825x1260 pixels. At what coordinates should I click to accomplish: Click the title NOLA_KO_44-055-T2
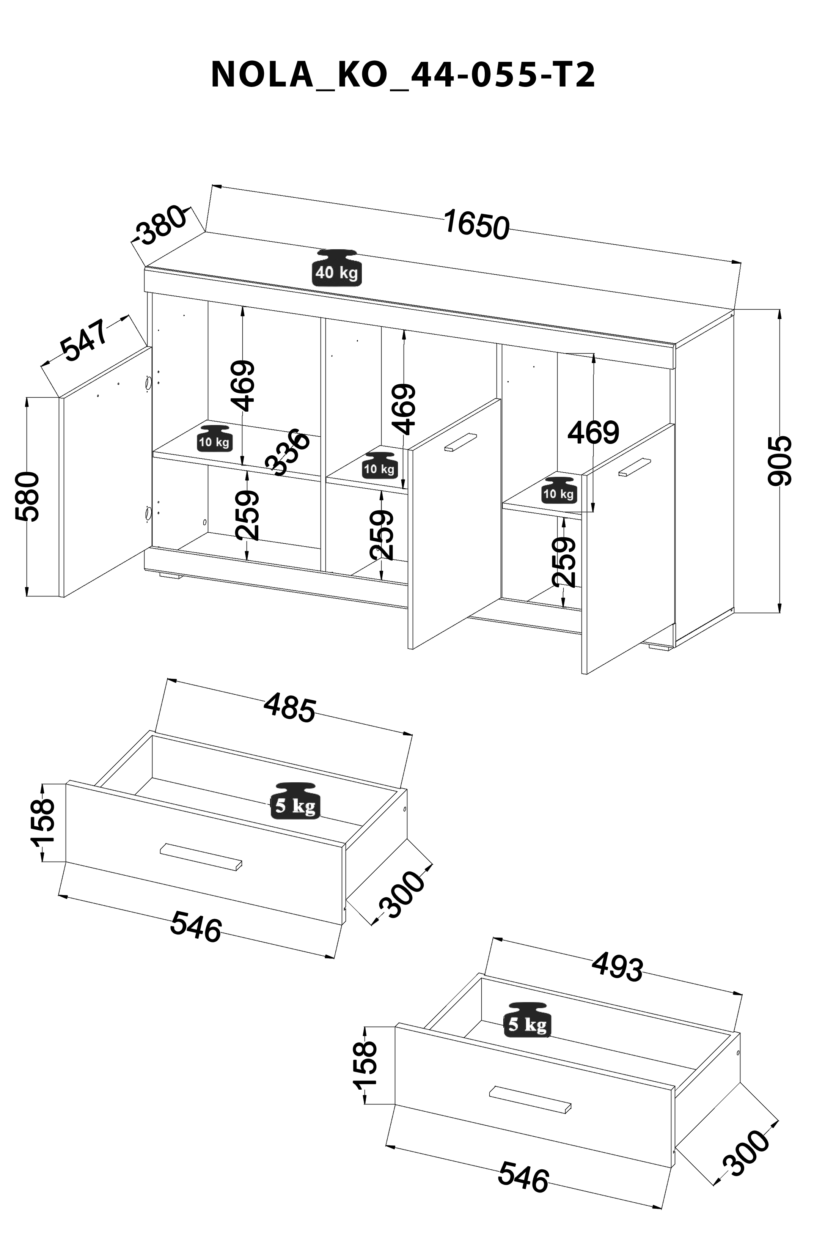403,75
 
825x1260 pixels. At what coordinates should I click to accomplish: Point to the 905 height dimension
779,461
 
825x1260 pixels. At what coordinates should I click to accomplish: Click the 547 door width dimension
85,340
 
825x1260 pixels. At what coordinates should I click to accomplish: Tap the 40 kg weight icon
336,267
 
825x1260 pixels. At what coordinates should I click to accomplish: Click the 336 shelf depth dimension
288,451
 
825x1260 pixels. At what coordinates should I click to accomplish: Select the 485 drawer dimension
289,707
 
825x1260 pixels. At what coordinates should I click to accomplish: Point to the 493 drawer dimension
617,966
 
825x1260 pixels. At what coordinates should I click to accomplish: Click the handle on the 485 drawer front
201,856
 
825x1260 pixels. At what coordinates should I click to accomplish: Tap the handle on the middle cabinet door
460,442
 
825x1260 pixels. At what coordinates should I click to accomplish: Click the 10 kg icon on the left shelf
214,437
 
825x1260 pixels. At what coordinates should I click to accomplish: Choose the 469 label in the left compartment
243,386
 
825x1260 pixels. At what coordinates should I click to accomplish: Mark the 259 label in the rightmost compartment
563,562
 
